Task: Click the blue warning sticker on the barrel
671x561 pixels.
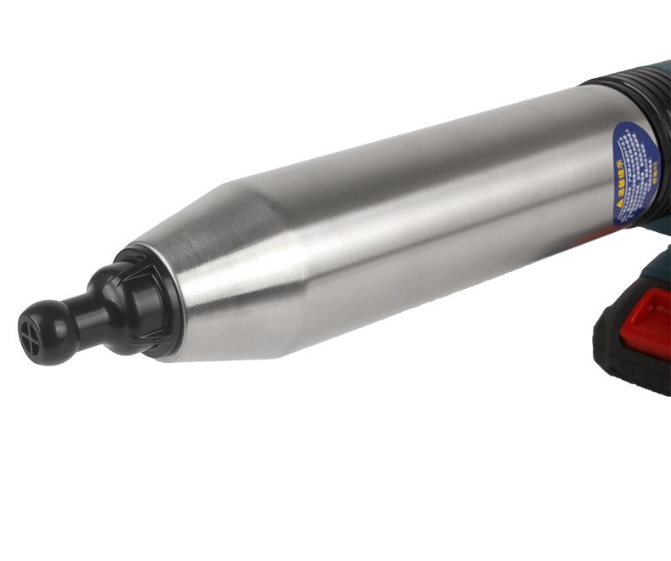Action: (635, 174)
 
